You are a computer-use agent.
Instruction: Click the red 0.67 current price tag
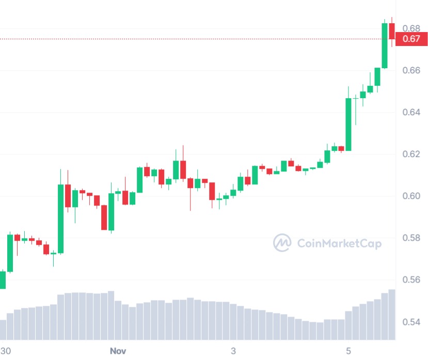click(411, 39)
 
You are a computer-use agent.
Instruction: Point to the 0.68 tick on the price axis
click(411, 28)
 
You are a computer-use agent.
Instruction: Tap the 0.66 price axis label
click(411, 70)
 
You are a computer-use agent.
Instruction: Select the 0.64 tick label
click(411, 112)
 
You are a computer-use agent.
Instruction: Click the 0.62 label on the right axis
click(411, 154)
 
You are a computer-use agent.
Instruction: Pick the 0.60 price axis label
click(411, 196)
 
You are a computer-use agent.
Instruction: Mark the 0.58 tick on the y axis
click(411, 238)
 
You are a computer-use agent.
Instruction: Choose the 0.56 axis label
click(411, 280)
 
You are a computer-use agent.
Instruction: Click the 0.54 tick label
click(411, 322)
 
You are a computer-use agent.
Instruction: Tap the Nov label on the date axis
click(118, 351)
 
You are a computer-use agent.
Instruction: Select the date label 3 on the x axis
click(233, 351)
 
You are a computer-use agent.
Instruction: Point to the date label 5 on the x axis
click(348, 351)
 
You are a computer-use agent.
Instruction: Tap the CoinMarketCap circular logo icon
click(282, 243)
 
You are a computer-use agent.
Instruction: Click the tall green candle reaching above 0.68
click(385, 45)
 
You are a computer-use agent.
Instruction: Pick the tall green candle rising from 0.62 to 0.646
click(348, 124)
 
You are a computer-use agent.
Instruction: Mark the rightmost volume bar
click(392, 314)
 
